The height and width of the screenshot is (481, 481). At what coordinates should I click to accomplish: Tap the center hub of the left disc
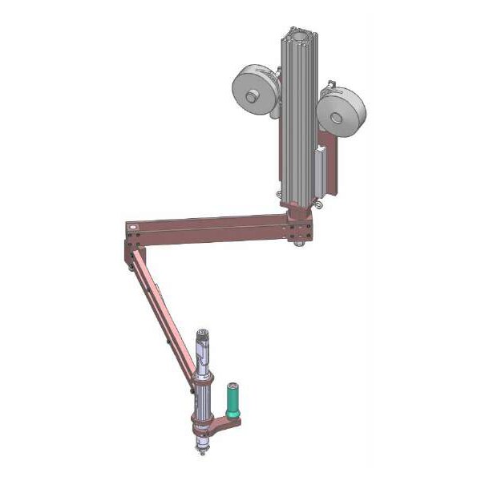pyautogui.click(x=252, y=97)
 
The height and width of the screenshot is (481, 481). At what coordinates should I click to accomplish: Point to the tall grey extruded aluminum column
pyautogui.click(x=297, y=120)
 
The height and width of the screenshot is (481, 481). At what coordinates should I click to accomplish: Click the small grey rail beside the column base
pyautogui.click(x=322, y=172)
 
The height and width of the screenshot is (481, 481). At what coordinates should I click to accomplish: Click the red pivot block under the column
pyautogui.click(x=298, y=221)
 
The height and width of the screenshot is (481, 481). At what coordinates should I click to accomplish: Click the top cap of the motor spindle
pyautogui.click(x=203, y=332)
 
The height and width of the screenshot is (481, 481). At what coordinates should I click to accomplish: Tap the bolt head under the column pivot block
pyautogui.click(x=298, y=242)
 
